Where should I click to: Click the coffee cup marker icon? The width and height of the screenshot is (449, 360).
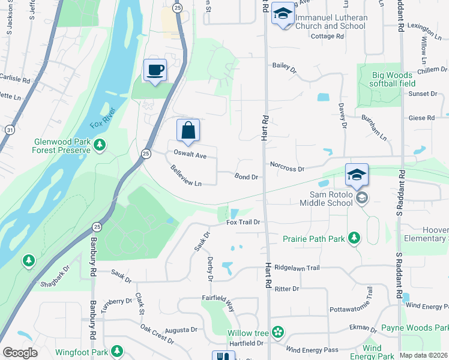155,70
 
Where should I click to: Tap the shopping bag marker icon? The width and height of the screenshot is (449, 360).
188,130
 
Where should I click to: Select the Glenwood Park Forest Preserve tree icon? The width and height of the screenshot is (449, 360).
100,145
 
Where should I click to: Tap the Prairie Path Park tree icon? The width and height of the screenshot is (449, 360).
354,238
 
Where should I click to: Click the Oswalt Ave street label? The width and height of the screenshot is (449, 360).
190,155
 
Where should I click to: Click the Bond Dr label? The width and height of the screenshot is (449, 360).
246,178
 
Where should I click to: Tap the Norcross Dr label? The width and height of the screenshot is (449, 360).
288,169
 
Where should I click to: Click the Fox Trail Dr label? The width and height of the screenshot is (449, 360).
243,222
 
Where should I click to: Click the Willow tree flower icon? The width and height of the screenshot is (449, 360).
277,332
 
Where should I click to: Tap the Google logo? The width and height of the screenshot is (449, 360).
20,353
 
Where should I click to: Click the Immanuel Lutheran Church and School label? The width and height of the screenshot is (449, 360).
331,22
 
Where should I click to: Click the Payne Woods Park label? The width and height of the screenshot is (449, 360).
424,328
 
